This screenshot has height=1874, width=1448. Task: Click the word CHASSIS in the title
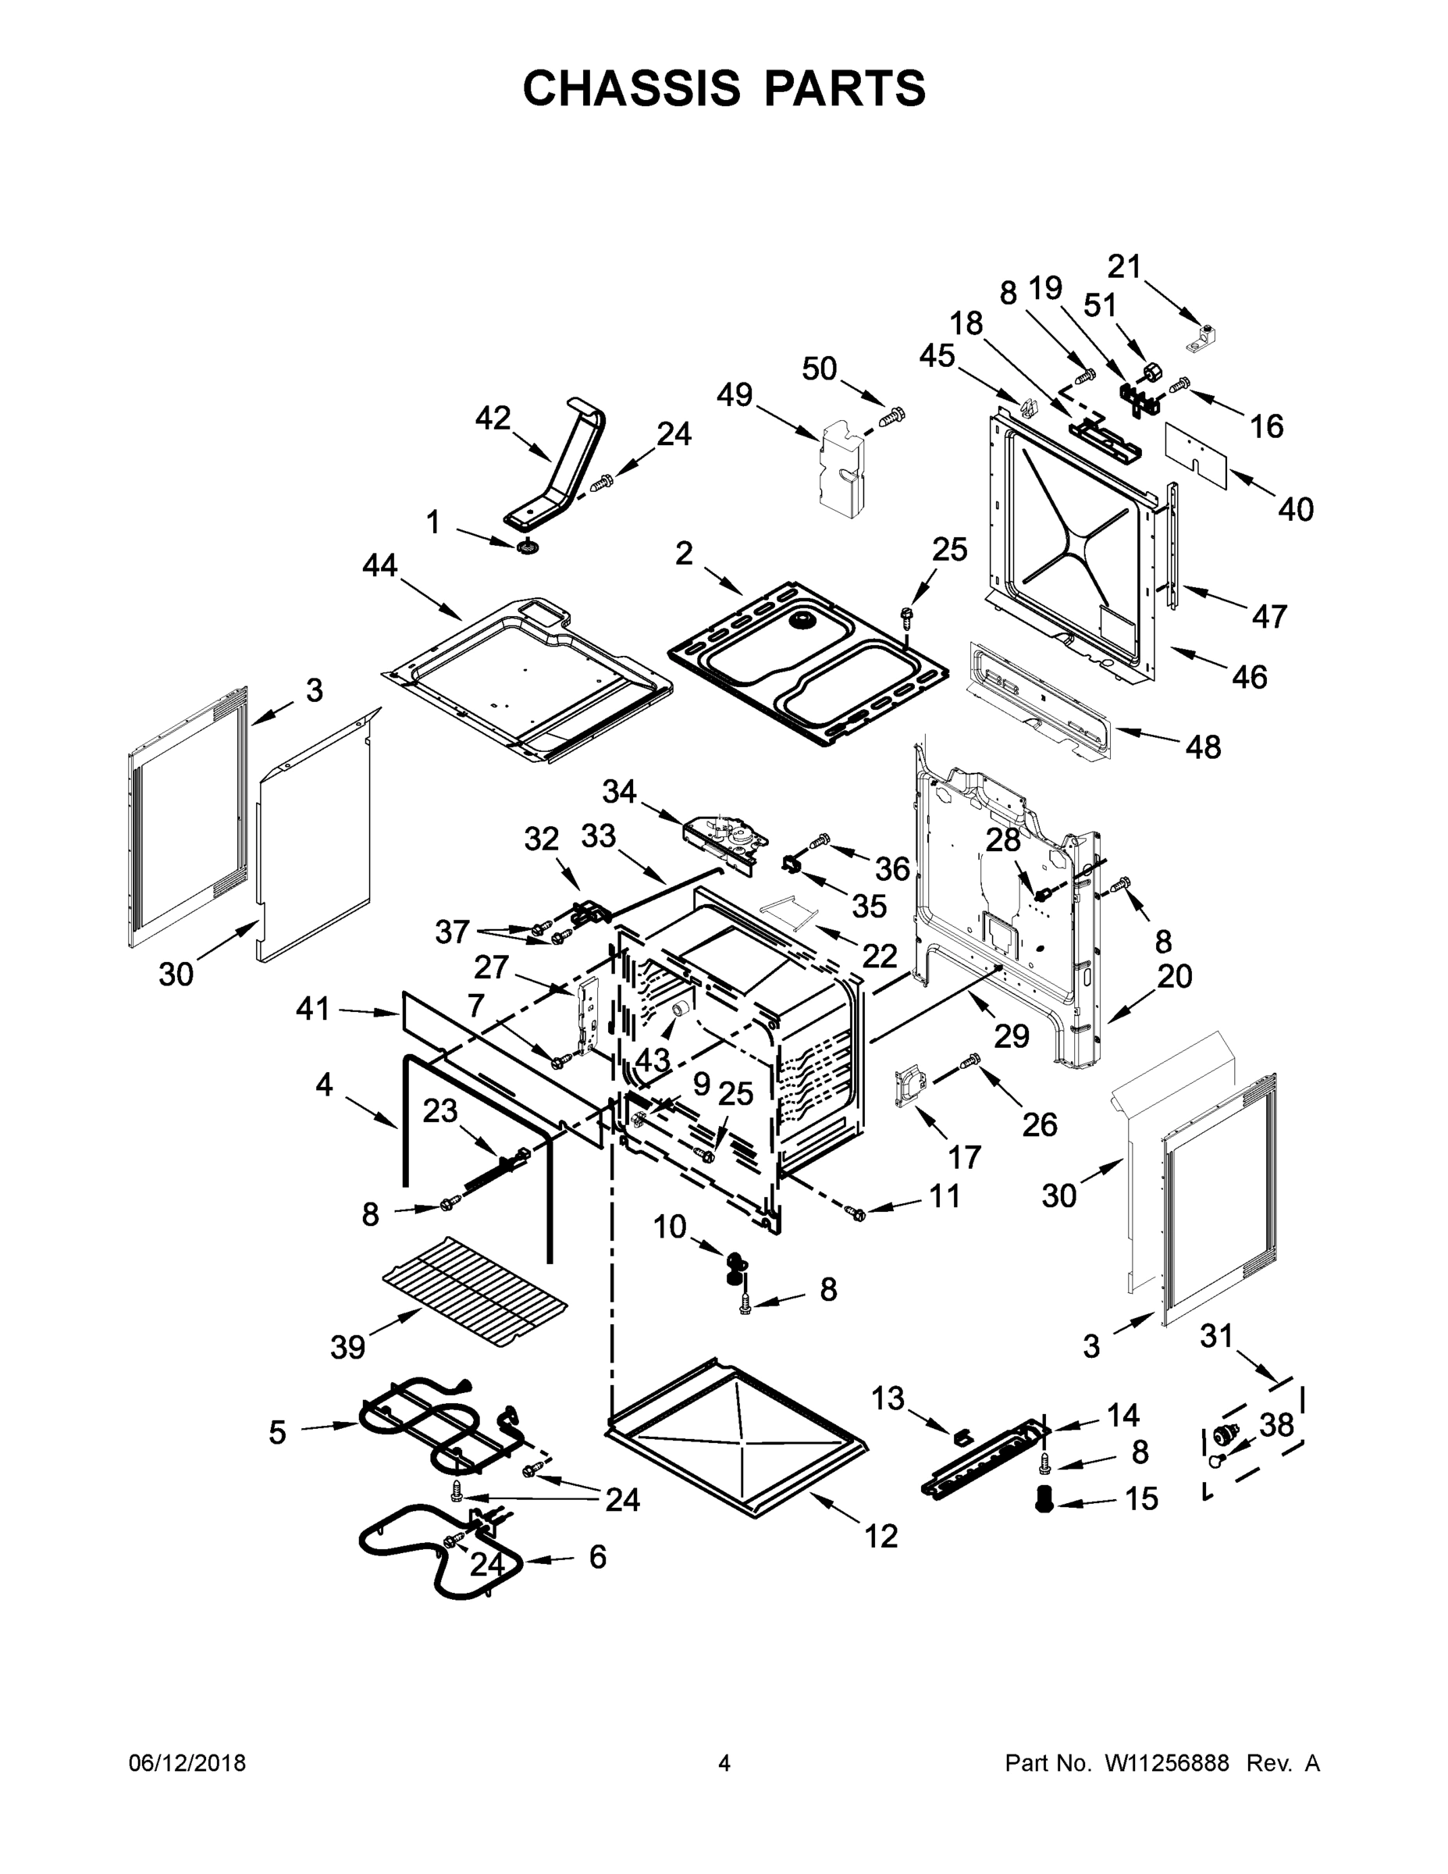click(631, 88)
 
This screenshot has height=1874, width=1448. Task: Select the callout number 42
click(493, 418)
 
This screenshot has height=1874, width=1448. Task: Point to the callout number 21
click(1124, 267)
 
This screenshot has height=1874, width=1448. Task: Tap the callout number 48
click(1203, 746)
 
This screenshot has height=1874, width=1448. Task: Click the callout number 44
click(380, 565)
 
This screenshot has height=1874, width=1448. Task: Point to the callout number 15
click(1141, 1498)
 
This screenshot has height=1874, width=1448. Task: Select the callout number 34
click(619, 790)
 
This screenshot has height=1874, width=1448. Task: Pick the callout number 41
click(312, 1009)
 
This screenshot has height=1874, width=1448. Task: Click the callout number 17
click(964, 1156)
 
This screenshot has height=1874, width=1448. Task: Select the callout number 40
click(1295, 509)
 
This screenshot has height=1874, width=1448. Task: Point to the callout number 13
click(888, 1398)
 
